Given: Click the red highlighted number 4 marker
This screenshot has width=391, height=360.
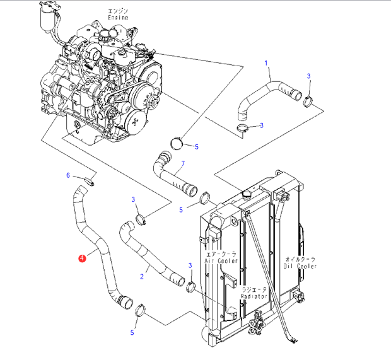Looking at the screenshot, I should [81, 257].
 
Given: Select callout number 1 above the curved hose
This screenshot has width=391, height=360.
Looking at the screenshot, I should [266, 63].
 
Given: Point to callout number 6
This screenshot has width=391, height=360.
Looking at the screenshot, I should [69, 175].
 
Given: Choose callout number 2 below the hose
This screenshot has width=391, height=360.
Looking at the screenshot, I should [142, 276].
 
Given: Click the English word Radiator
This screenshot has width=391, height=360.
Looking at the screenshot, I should [254, 296].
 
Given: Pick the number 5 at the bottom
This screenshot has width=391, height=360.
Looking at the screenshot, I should [132, 332].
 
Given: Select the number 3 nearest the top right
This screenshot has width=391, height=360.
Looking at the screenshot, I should [308, 76].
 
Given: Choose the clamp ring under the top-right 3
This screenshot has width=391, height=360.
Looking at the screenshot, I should [308, 100].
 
